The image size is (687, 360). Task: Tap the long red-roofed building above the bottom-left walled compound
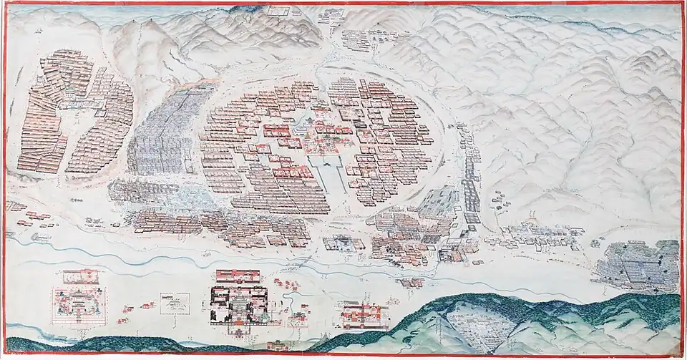pos(81,274)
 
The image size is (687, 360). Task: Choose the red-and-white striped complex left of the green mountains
pos(365,315)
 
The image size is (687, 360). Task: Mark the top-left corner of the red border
pos(3,3)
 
